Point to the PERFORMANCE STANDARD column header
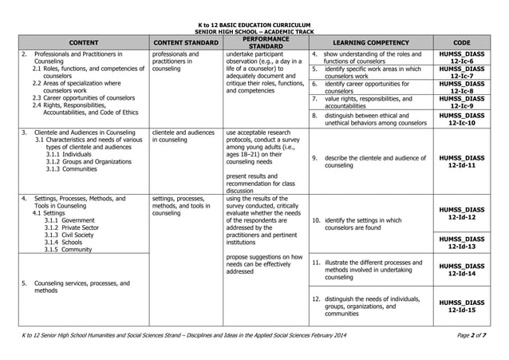(261, 42)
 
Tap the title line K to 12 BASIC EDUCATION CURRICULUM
(254, 26)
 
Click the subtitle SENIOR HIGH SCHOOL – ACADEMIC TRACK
(254, 31)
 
